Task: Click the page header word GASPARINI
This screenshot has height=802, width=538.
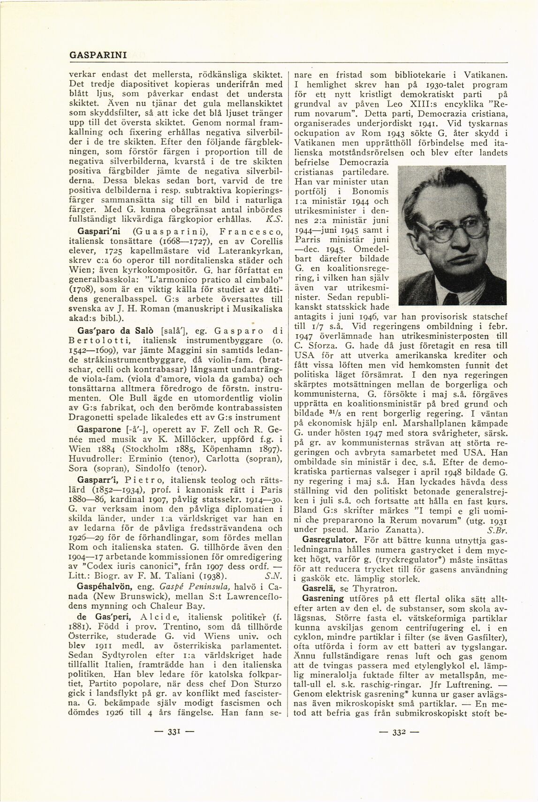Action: [98, 55]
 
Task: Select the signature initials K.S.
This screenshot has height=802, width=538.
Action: [273, 219]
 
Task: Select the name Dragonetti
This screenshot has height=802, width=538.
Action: [95, 416]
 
